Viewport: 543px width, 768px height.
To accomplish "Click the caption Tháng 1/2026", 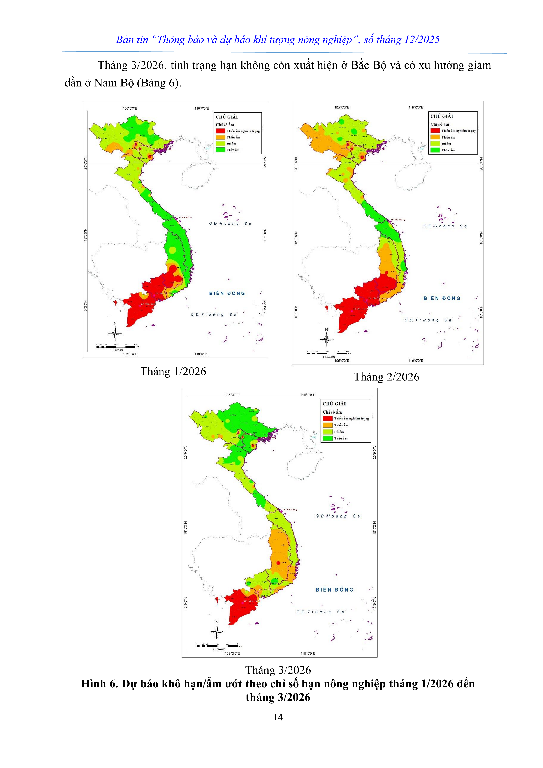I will tap(173, 372).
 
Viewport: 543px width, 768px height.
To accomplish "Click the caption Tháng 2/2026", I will tap(386, 377).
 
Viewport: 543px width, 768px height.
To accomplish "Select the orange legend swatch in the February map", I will tap(435, 137).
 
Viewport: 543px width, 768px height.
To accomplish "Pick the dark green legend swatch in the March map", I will tap(328, 438).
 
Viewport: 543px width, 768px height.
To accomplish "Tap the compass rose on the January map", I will tap(115, 333).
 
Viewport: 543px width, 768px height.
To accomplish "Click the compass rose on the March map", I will tap(217, 632).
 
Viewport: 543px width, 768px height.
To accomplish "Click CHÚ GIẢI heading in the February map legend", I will tap(441, 116).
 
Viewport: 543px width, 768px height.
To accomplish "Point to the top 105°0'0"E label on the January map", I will tap(130, 108).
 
